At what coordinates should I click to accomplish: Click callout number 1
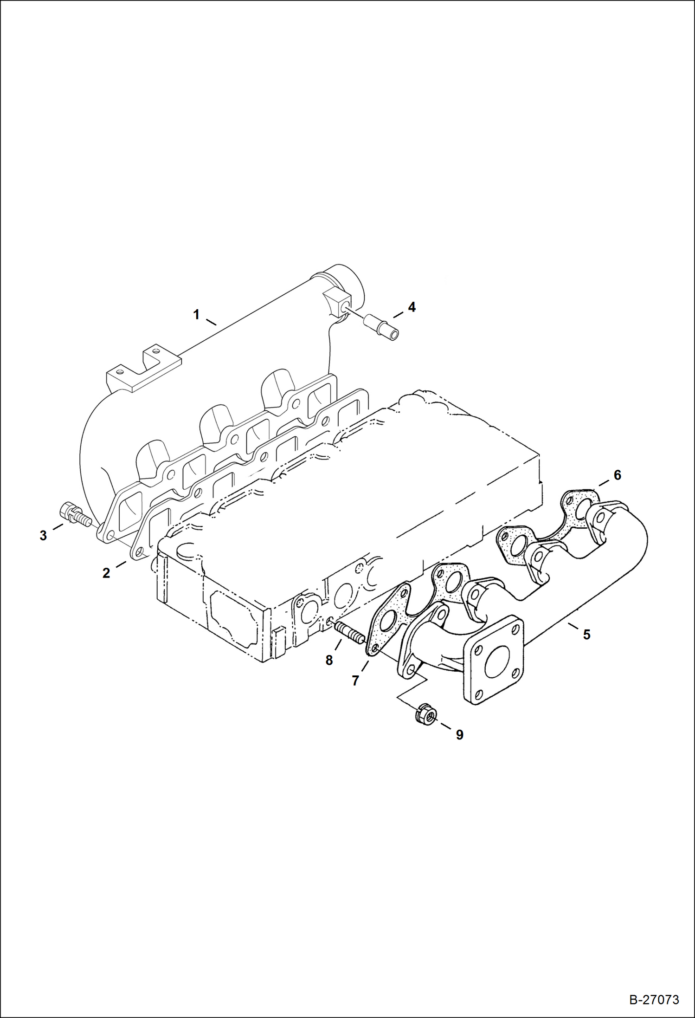196,315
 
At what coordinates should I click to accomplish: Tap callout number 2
106,573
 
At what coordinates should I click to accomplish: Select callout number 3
43,536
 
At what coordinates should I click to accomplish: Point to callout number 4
412,307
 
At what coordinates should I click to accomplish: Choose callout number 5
587,634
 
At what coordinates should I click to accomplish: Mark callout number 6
617,475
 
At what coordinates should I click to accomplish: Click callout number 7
355,681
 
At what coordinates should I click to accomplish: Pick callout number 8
329,660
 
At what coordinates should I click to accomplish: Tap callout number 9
459,734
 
